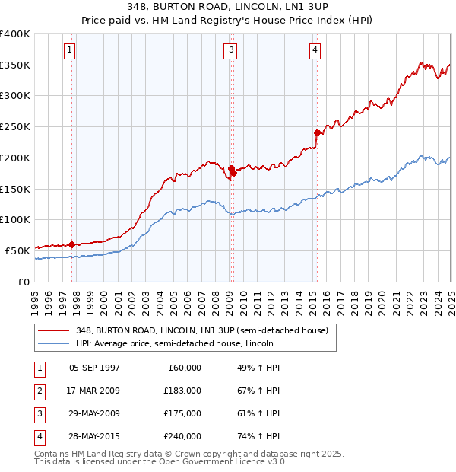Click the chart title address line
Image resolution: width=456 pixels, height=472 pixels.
click(227, 7)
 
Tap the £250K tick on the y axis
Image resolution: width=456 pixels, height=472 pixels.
click(15, 127)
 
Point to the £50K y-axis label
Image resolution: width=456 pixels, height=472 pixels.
click(17, 250)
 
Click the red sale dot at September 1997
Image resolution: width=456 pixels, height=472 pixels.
click(71, 244)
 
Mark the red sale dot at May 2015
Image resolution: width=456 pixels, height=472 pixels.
click(317, 132)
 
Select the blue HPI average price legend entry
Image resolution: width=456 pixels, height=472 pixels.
click(174, 344)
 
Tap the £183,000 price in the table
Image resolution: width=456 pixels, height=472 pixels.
click(183, 391)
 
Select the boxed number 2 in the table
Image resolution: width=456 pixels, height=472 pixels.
click(39, 391)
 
